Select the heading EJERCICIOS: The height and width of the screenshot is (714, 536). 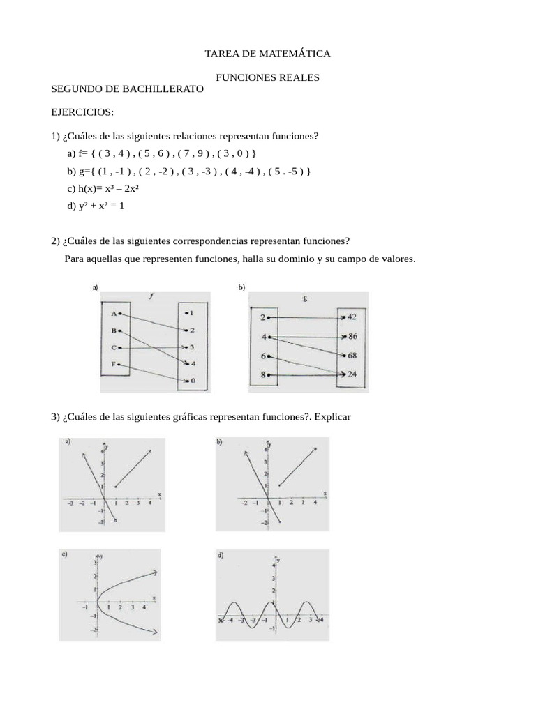tap(82, 112)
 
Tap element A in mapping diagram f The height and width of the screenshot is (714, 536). tap(113, 314)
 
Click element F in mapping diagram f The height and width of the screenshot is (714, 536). tap(113, 364)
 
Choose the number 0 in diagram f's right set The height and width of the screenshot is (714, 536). tap(192, 381)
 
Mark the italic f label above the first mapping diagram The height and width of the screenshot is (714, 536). tap(151, 296)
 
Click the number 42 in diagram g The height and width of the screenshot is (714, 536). tap(352, 317)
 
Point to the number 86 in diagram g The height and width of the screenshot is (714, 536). tap(352, 336)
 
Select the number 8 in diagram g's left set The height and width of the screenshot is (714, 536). tap(263, 374)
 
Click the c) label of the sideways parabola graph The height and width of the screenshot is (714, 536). tap(64, 556)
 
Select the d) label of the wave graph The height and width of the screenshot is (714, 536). tap(221, 556)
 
